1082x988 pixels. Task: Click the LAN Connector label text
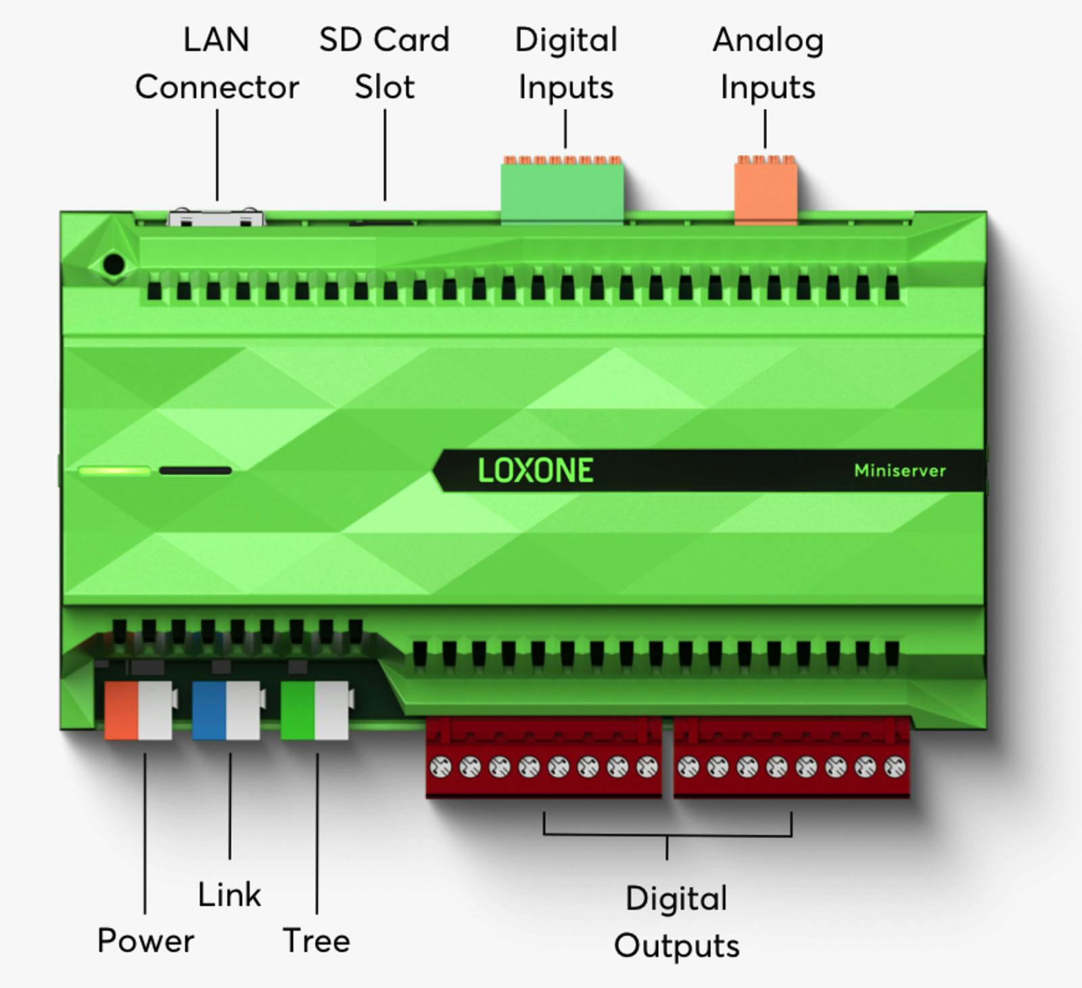216,64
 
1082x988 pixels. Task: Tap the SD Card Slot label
384,64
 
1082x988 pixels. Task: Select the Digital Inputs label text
566,64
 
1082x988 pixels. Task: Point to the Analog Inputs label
768,64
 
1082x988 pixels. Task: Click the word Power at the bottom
145,941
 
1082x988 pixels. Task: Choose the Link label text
229,895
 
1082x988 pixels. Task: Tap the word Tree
316,941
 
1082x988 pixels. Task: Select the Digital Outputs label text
676,922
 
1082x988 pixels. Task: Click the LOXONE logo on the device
536,470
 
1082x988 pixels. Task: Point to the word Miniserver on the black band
899,470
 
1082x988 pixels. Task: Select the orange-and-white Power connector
138,711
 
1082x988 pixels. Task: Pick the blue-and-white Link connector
226,711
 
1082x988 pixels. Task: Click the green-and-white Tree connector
314,711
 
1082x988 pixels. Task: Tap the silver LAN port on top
216,218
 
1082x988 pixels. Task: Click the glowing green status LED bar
114,470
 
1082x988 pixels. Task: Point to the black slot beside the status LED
195,470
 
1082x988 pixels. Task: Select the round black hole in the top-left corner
114,265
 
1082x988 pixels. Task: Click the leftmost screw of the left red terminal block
440,767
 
